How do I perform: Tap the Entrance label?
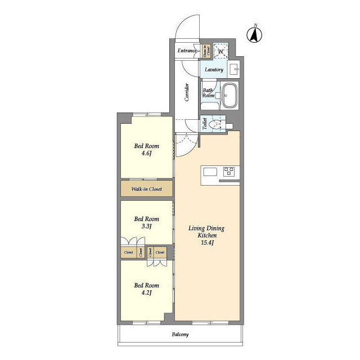click(187, 51)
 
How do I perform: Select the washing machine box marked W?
click(221, 51)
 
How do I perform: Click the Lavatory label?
click(214, 70)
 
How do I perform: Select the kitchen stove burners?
click(229, 171)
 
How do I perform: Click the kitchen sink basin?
click(210, 172)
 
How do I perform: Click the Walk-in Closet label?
click(146, 189)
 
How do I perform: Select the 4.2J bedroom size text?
click(146, 292)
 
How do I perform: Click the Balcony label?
click(180, 335)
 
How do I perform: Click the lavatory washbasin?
click(235, 70)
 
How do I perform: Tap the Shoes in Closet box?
click(206, 51)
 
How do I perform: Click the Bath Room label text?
click(208, 93)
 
